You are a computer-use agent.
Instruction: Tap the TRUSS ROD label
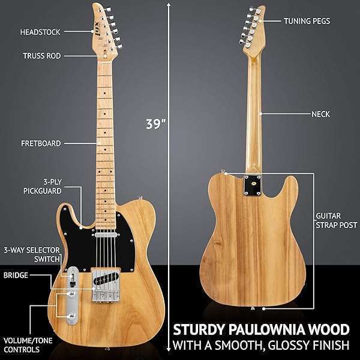coord(40,55)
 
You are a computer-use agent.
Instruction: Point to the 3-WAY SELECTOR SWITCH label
coord(31,254)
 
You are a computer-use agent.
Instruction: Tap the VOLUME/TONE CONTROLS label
coord(28,346)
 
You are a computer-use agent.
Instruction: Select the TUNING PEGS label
coord(307,20)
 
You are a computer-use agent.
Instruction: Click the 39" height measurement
coord(155,124)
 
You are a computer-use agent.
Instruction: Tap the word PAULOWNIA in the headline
coord(266,329)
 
